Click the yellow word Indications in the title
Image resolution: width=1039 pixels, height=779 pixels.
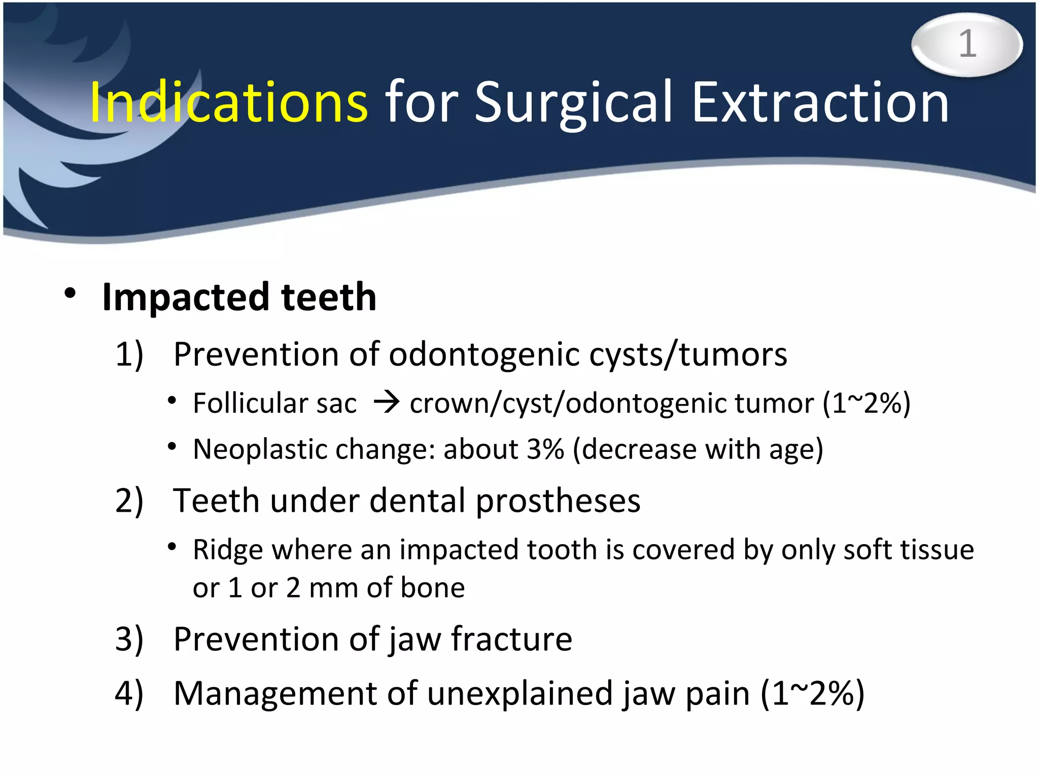tap(228, 103)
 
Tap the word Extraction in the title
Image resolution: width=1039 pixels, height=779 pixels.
tap(820, 103)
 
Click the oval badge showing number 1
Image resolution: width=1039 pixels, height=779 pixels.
tap(967, 45)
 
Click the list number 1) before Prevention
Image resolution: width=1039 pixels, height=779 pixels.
tap(129, 354)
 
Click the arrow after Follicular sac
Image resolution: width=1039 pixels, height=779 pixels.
tap(387, 404)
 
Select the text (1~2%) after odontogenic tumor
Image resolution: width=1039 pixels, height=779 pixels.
tap(867, 404)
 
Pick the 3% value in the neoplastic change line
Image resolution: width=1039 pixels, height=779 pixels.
tap(545, 449)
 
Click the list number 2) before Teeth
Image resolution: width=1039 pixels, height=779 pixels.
tap(129, 501)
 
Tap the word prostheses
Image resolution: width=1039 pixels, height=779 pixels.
tap(558, 501)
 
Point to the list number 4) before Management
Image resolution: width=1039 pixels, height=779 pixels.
tap(129, 694)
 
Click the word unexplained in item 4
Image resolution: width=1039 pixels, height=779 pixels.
tap(520, 694)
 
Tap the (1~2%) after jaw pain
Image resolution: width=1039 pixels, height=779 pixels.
tap(813, 694)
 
